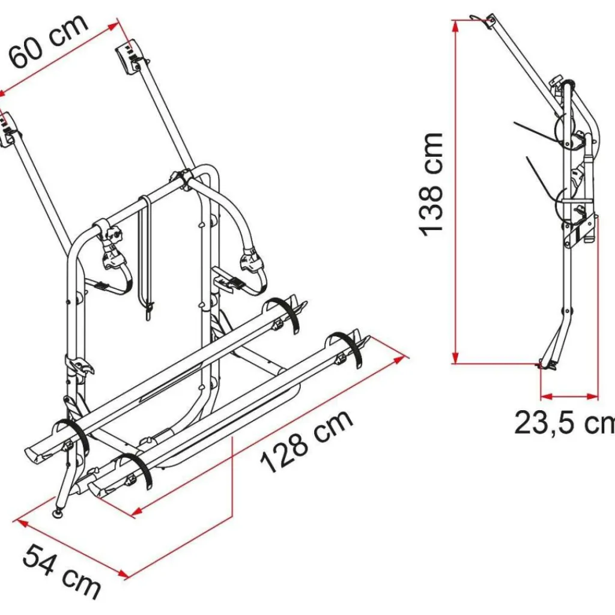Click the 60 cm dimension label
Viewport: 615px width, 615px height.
tap(49, 41)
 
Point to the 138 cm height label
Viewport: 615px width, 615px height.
tap(431, 185)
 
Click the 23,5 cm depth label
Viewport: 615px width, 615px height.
tap(565, 422)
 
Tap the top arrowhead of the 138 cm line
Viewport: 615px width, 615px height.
tap(455, 25)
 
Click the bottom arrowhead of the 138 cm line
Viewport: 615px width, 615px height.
tap(455, 358)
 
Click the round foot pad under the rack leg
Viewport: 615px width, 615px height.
tap(59, 513)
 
